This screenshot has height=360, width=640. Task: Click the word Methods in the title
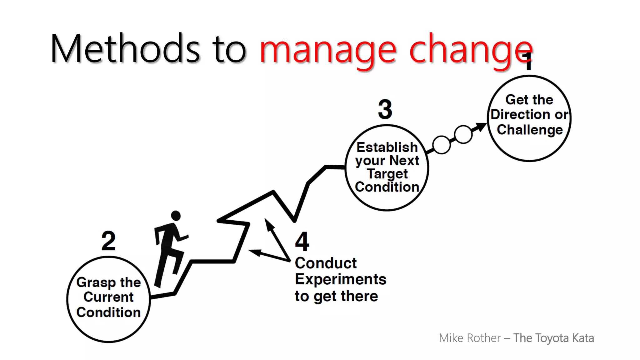125,48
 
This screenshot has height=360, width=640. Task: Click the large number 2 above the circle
108,241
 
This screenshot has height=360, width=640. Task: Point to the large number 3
385,109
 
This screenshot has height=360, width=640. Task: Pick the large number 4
302,242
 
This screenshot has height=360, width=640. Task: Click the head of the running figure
176,216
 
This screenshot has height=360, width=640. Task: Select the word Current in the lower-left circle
108,297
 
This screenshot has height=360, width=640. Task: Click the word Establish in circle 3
387,147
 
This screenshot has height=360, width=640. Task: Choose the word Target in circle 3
387,174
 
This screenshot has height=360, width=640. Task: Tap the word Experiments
341,279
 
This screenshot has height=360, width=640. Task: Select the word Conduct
326,263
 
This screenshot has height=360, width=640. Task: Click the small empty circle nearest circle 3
441,145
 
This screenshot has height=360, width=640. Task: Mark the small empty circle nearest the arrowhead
463,134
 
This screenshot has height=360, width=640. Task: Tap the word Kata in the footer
583,338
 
